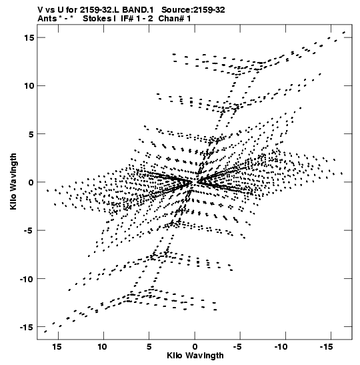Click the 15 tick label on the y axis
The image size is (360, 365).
pyautogui.click(x=29, y=38)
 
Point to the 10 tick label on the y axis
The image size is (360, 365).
pyautogui.click(x=29, y=86)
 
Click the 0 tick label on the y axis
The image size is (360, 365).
pyautogui.click(x=31, y=182)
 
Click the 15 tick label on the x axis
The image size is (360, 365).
pyautogui.click(x=57, y=347)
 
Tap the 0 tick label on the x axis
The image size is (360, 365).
pyautogui.click(x=195, y=347)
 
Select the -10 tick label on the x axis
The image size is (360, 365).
pyautogui.click(x=282, y=347)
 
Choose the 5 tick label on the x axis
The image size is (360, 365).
pyautogui.click(x=149, y=347)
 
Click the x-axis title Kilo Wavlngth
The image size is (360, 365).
pyautogui.click(x=195, y=356)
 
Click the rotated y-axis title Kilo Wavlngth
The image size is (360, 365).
pyautogui.click(x=13, y=181)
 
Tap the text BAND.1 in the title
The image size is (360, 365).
pyautogui.click(x=138, y=10)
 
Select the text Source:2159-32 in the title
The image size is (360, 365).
pyautogui.click(x=193, y=10)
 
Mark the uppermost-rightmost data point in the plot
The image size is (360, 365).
pyautogui.click(x=344, y=33)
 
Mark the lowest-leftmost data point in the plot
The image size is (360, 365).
pyautogui.click(x=45, y=332)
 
